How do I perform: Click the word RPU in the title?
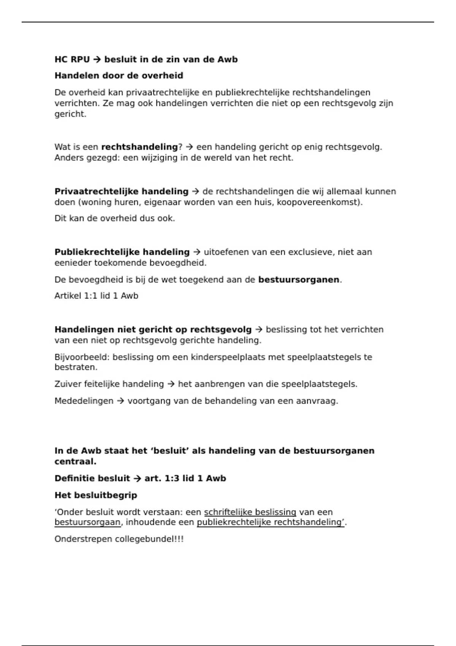pos(80,60)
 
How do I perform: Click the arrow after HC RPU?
pos(97,60)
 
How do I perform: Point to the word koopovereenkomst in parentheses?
pos(318,202)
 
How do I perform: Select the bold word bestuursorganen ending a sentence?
pos(299,280)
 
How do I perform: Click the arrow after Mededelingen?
pos(120,401)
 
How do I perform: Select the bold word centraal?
pos(75,462)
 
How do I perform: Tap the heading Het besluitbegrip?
pos(96,496)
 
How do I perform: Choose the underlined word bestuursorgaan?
pos(87,522)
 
